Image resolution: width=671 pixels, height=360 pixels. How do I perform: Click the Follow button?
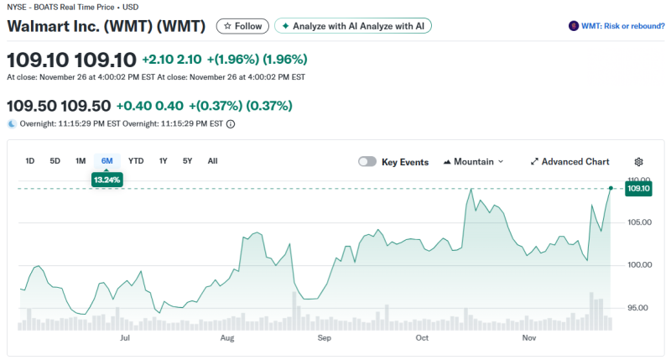[242, 26]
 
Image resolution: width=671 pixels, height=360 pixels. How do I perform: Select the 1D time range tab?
[30, 161]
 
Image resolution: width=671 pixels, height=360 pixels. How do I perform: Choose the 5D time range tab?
[55, 161]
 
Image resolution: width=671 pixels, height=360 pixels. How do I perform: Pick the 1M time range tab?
[81, 161]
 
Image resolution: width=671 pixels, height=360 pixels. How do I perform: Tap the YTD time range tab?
[136, 161]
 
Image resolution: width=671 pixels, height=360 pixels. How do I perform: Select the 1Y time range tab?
[163, 161]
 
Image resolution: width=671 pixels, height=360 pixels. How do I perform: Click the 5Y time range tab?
[187, 161]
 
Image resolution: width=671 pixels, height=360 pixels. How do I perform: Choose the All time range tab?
[212, 161]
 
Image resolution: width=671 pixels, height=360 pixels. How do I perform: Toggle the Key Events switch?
[367, 162]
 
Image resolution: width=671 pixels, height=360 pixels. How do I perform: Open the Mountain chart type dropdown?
[473, 162]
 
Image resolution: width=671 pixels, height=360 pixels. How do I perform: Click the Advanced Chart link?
[570, 162]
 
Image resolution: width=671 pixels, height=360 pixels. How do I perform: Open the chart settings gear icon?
[638, 162]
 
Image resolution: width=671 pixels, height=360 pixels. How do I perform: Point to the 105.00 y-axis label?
[640, 222]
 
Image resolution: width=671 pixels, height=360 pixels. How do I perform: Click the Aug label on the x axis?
[226, 338]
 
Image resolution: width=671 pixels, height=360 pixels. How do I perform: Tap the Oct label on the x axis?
[422, 338]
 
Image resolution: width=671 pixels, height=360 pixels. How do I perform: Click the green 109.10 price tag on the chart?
[639, 189]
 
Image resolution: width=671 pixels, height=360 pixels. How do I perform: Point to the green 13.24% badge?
[107, 180]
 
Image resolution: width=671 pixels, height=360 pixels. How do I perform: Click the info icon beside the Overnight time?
[231, 124]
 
